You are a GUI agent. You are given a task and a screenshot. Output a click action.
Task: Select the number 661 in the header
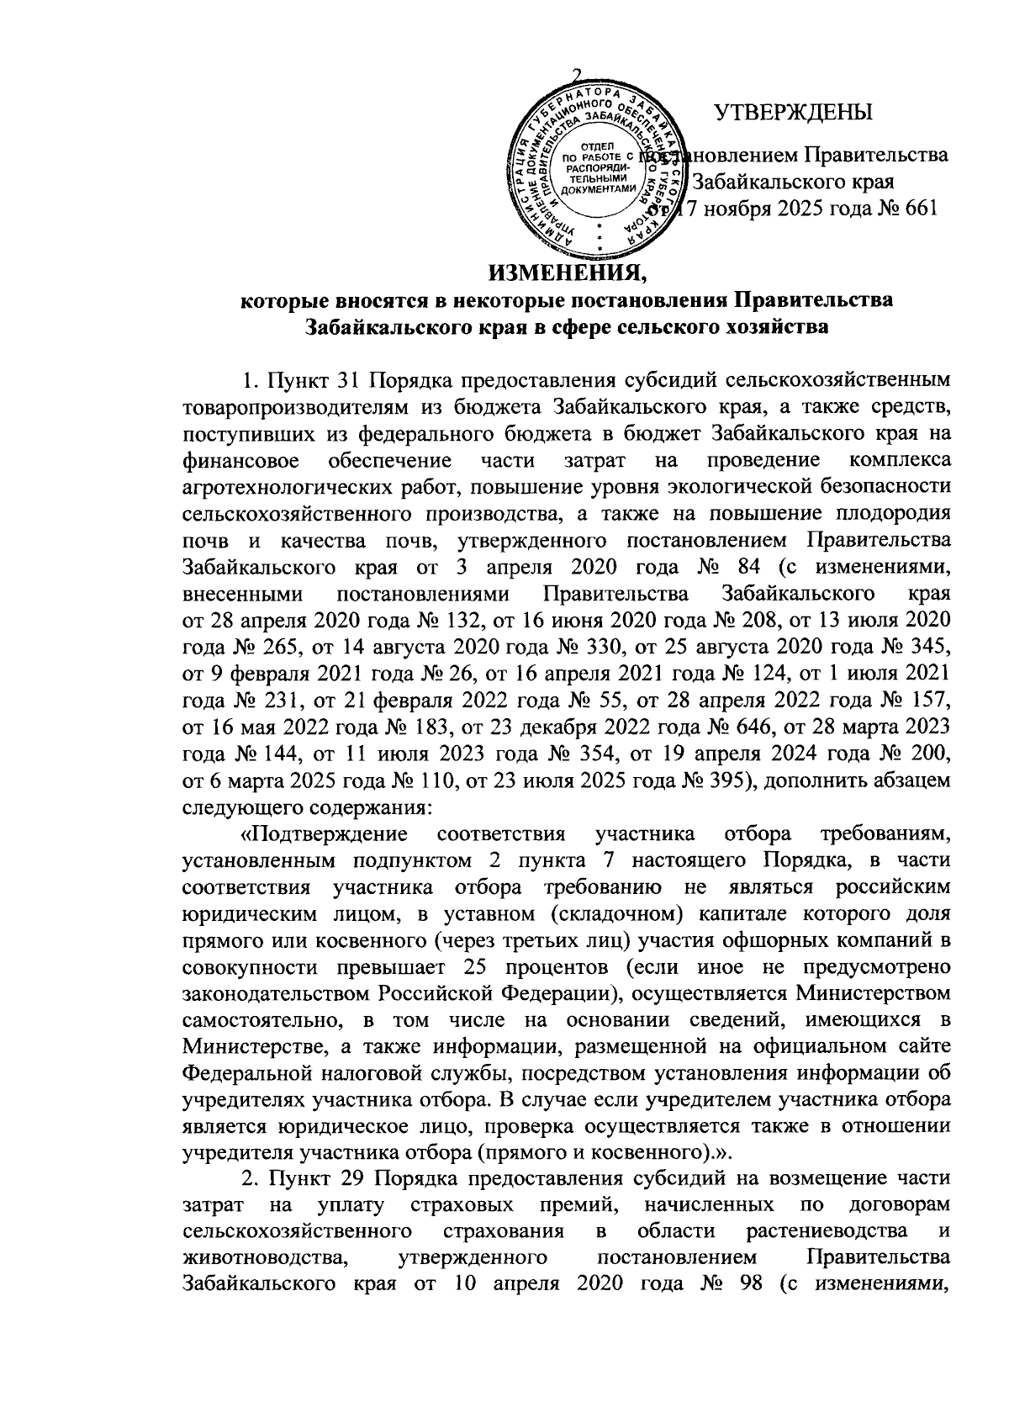916,209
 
